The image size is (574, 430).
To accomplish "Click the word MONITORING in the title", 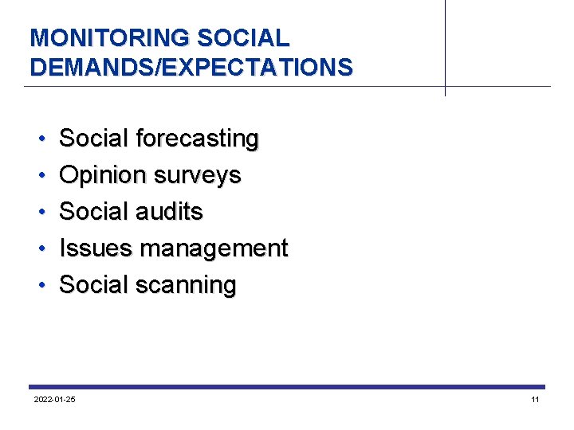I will pyautogui.click(x=109, y=37).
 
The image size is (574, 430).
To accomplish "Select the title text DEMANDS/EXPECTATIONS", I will pyautogui.click(x=191, y=66).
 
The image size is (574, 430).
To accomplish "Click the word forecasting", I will pyautogui.click(x=198, y=139).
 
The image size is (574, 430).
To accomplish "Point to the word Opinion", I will pyautogui.click(x=99, y=175).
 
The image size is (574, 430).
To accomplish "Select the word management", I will pyautogui.click(x=214, y=249).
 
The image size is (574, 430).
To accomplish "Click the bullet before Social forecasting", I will pyautogui.click(x=40, y=139).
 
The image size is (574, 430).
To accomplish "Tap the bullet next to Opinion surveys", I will pyautogui.click(x=40, y=176).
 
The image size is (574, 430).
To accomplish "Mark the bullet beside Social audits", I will pyautogui.click(x=40, y=213).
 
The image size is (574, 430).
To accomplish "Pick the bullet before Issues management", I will pyautogui.click(x=40, y=249).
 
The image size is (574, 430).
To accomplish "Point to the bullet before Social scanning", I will pyautogui.click(x=40, y=286).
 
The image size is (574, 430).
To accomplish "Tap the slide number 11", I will pyautogui.click(x=535, y=399).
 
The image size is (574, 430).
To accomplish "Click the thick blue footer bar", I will pyautogui.click(x=287, y=387).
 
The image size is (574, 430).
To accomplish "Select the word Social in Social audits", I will pyautogui.click(x=94, y=212).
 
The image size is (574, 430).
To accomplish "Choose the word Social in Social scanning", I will pyautogui.click(x=94, y=285).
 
